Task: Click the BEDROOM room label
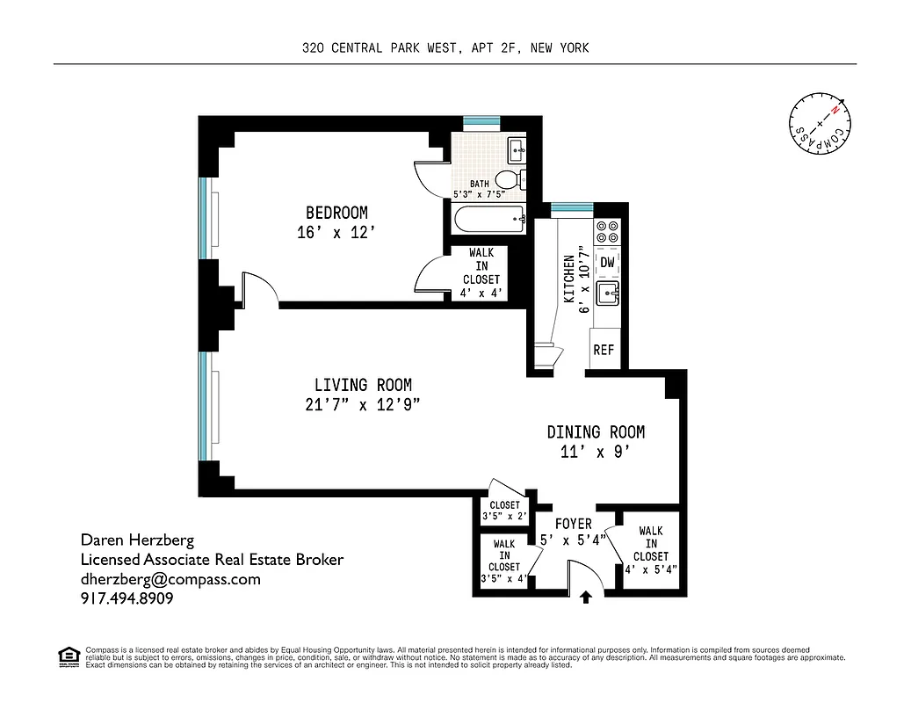click(336, 213)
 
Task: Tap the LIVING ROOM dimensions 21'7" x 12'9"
click(363, 405)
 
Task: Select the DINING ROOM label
click(596, 431)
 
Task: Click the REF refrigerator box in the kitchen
click(604, 350)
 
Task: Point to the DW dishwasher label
click(607, 262)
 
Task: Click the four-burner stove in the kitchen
click(607, 232)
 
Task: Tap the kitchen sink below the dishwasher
click(607, 293)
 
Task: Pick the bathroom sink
click(517, 148)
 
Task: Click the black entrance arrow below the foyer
click(586, 598)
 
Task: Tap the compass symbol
click(820, 124)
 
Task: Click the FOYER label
click(573, 525)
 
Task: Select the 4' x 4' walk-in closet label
click(481, 273)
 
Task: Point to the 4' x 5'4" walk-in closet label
click(651, 550)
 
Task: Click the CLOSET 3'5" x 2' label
click(504, 511)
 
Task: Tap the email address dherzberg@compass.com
click(170, 579)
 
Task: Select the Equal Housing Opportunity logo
click(67, 656)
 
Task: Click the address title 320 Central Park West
click(445, 48)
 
